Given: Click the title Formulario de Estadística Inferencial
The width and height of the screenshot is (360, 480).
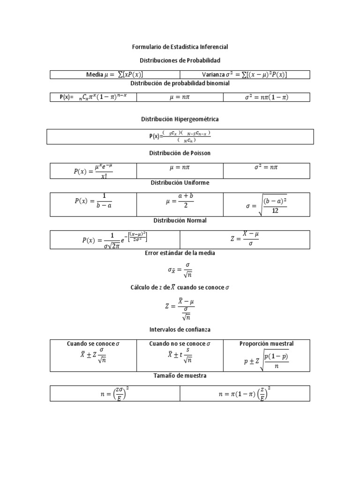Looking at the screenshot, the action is (x=180, y=47).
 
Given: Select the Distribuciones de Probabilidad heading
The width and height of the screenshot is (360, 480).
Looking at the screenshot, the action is (x=180, y=60).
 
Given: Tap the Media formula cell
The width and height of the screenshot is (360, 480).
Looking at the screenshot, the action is (x=115, y=75).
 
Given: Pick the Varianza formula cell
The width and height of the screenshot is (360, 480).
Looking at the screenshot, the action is (x=245, y=75).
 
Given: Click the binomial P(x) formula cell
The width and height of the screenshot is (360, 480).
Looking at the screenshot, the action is (x=93, y=97).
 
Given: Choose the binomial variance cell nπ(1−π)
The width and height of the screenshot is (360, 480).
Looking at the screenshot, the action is (x=266, y=97).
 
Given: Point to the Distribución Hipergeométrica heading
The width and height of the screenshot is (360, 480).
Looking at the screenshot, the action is (x=180, y=119).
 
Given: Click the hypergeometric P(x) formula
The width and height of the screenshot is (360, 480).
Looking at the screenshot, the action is (x=180, y=136).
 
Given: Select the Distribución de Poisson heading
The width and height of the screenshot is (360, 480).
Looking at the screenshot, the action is (x=180, y=153).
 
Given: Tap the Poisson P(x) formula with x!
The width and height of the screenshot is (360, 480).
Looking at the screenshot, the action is (x=93, y=171).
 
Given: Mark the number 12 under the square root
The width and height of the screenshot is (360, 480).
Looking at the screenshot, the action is (x=275, y=211).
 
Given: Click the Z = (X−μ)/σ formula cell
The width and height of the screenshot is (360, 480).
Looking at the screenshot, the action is (x=244, y=239).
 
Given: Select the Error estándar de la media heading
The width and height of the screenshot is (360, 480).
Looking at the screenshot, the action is (x=180, y=253).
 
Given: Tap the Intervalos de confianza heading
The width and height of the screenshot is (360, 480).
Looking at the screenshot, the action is (x=180, y=330).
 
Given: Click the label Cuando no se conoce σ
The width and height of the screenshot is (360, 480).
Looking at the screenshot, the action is (x=180, y=344).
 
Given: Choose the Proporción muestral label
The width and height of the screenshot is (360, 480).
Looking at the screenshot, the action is (x=266, y=344).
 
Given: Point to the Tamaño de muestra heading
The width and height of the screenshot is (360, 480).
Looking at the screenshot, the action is (x=180, y=375).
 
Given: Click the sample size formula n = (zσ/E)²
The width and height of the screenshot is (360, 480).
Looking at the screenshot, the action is (x=115, y=394).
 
